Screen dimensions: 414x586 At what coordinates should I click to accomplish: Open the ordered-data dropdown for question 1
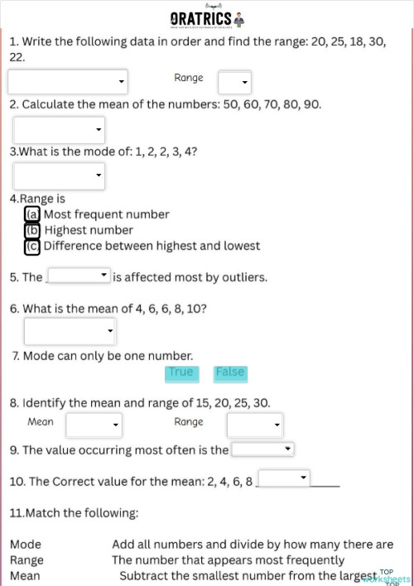tap(67, 82)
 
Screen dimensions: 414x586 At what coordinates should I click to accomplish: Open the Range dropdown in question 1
tap(234, 82)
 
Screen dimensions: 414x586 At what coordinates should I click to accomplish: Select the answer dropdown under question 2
tap(59, 129)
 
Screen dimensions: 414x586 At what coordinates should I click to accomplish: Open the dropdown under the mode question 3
tap(59, 175)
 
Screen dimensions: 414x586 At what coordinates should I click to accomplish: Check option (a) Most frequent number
tap(32, 214)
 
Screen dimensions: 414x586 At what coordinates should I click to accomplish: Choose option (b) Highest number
tap(32, 230)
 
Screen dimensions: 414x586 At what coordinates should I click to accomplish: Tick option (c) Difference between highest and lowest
tap(32, 246)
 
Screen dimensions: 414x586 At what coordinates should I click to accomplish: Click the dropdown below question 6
tap(70, 331)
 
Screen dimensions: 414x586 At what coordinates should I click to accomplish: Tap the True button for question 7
tap(181, 372)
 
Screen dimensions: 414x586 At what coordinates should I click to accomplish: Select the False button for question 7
tap(230, 372)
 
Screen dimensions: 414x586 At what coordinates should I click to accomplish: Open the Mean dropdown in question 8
tap(94, 425)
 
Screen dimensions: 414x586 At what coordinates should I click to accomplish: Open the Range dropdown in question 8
tap(255, 425)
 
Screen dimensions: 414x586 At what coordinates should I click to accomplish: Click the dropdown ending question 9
tap(262, 449)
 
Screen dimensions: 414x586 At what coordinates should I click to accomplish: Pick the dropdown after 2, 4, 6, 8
tap(284, 478)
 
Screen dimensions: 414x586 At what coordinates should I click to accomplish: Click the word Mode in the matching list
tap(26, 545)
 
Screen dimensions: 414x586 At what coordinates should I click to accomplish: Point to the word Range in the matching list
tap(26, 560)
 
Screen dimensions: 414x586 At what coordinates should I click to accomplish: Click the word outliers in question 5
tap(245, 277)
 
